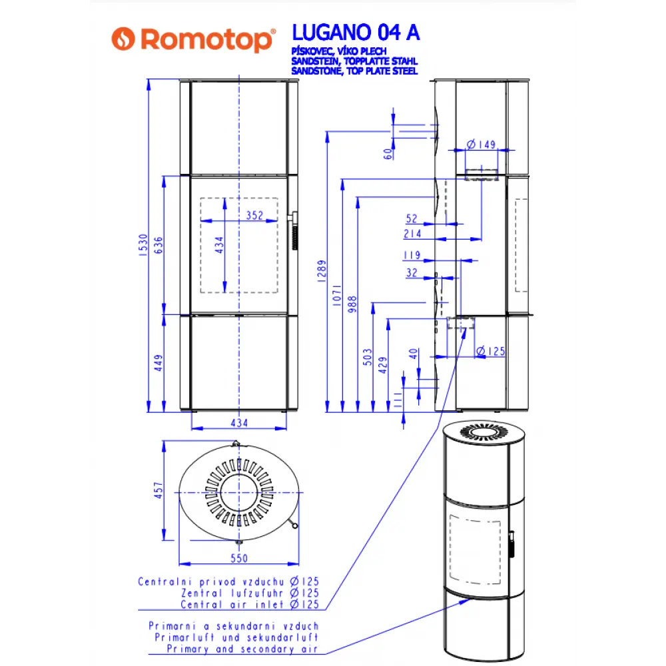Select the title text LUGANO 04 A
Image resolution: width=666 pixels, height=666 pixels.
click(x=356, y=33)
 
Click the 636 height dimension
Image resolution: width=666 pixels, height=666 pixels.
click(x=158, y=245)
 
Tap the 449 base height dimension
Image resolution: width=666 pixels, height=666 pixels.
click(x=158, y=363)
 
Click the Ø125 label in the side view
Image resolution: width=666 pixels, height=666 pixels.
click(x=492, y=351)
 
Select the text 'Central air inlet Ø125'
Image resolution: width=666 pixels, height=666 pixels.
click(x=250, y=605)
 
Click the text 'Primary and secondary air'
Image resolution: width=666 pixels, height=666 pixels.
click(x=242, y=648)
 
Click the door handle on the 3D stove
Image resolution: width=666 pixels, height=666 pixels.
click(x=512, y=543)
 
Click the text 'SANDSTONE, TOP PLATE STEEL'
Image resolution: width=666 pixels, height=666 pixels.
click(x=354, y=71)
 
